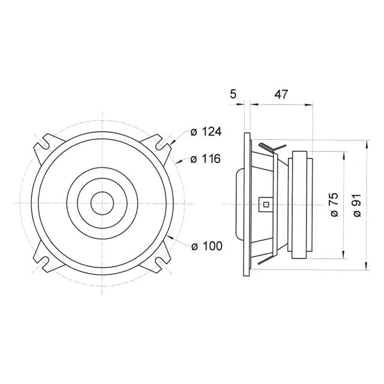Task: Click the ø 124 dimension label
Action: pos(206,131)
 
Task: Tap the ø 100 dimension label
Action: pos(206,246)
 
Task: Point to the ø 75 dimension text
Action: pos(334,204)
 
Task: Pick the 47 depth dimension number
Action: pos(281,94)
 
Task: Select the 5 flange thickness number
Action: pos(233,94)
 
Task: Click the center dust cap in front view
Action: pos(103,203)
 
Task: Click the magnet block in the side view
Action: pos(300,204)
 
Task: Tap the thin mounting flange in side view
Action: pos(245,204)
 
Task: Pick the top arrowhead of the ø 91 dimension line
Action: pos(366,143)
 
